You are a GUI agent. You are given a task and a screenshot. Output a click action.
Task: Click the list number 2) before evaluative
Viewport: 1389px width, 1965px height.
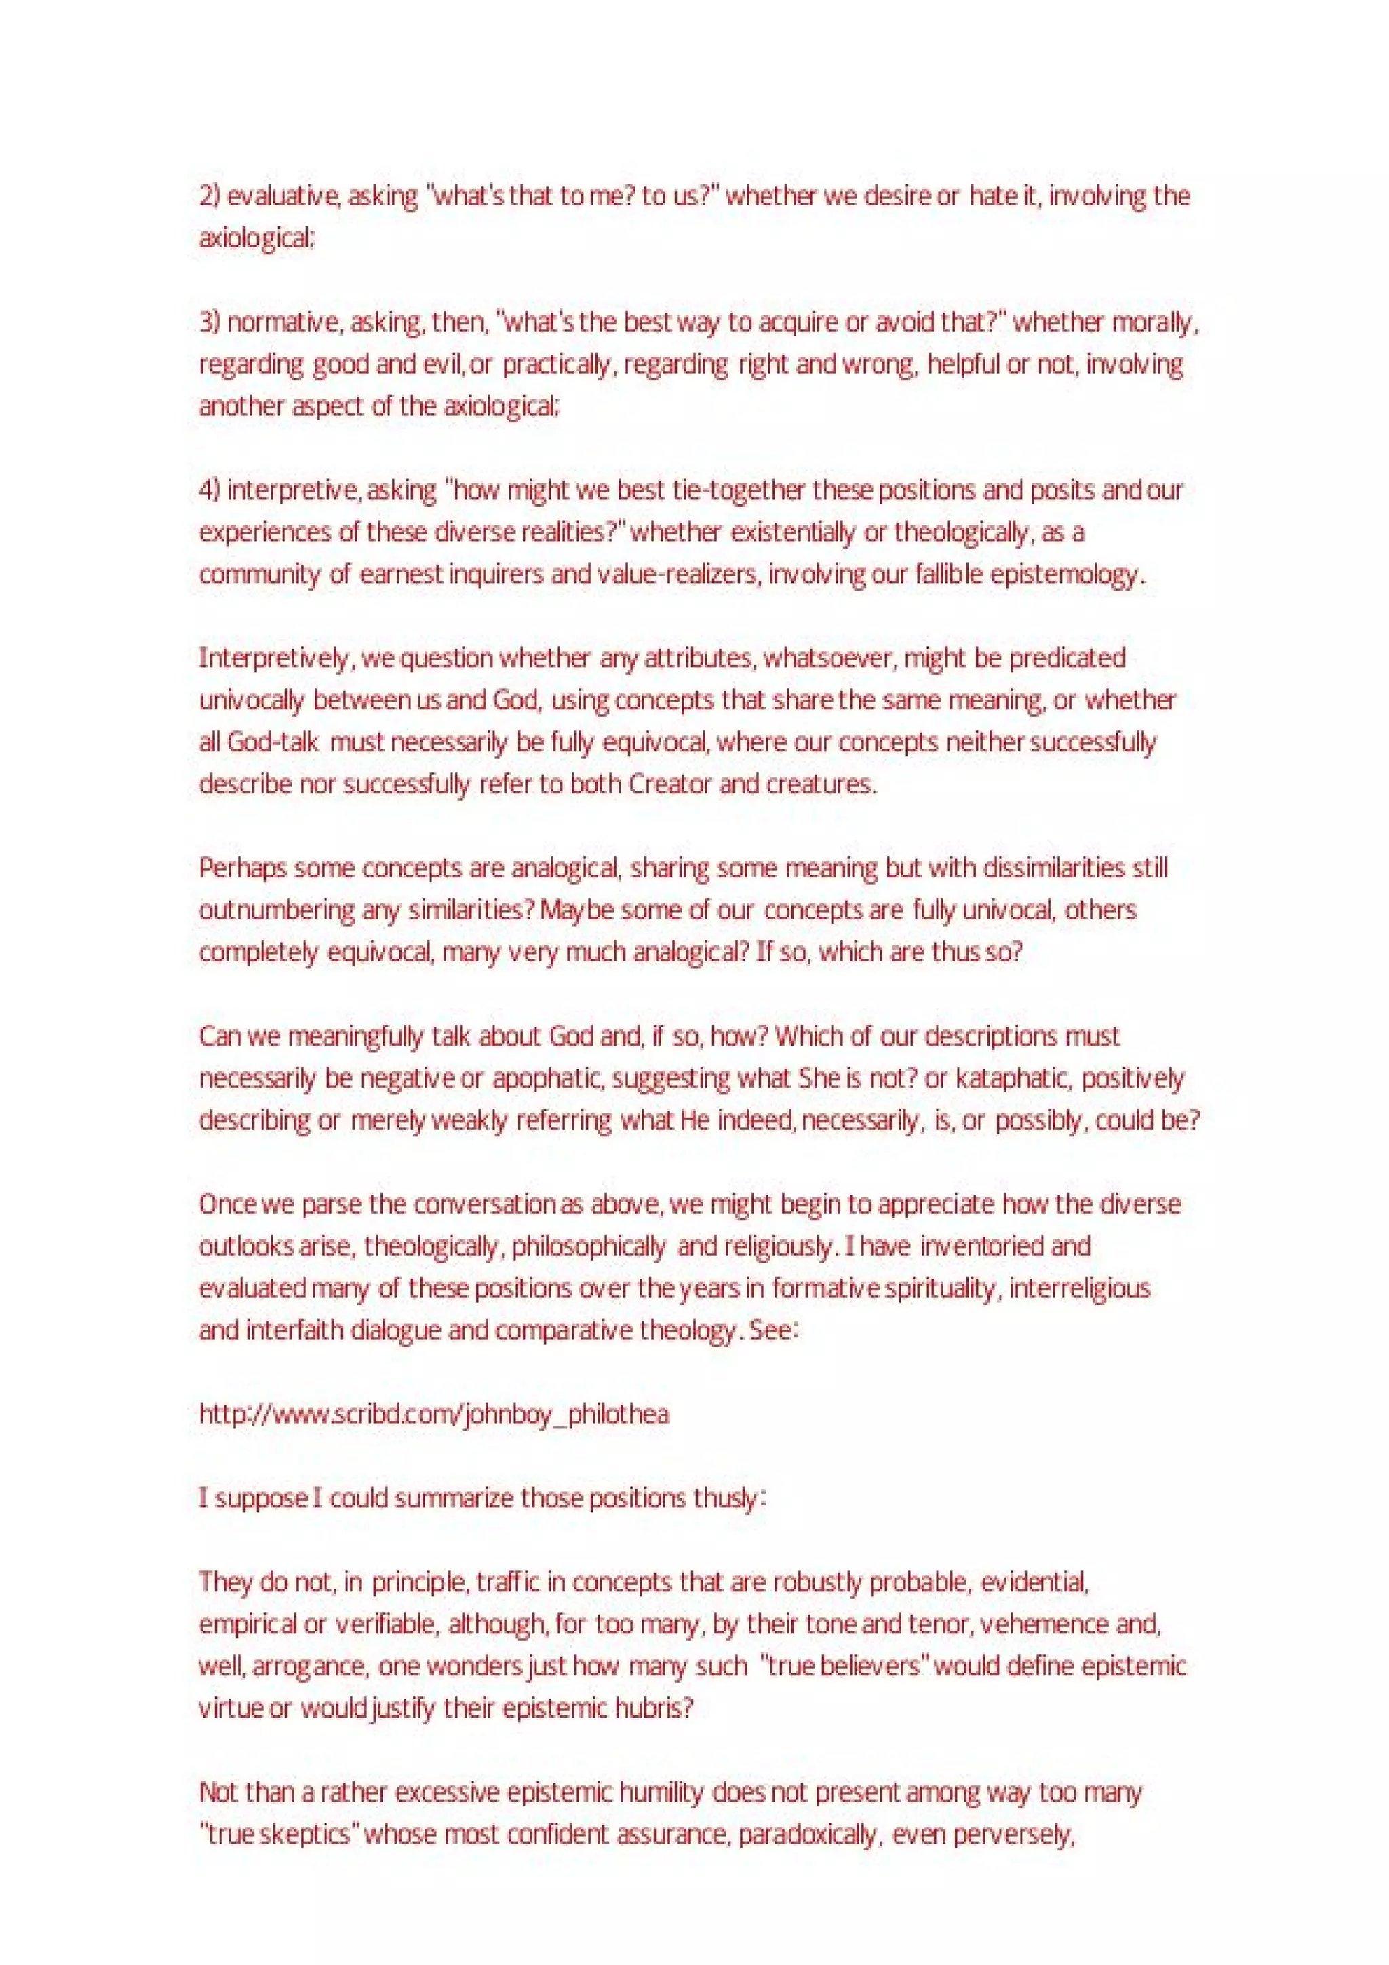pyautogui.click(x=210, y=197)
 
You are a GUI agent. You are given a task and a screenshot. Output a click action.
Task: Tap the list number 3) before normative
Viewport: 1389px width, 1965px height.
pyautogui.click(x=210, y=323)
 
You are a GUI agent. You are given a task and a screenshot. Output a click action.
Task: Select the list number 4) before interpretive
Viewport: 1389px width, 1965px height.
pyautogui.click(x=210, y=490)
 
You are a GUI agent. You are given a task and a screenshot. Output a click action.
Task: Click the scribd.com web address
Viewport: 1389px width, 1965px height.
pyautogui.click(x=434, y=1414)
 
